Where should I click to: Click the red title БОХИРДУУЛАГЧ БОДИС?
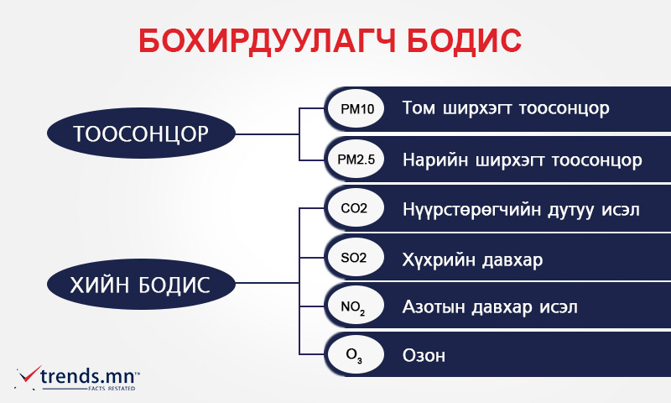click(330, 41)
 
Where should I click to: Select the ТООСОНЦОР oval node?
click(141, 133)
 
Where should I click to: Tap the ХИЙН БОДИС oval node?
click(141, 284)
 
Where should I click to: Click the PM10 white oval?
click(356, 109)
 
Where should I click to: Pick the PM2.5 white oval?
click(356, 159)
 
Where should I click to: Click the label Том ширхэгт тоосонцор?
click(506, 108)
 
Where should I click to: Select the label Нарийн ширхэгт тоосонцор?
click(522, 160)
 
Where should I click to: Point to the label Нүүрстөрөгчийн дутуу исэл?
click(521, 210)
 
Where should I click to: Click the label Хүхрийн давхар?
click(472, 260)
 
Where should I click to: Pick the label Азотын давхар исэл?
click(490, 307)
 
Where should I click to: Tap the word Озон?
click(424, 356)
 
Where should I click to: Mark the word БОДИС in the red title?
click(464, 41)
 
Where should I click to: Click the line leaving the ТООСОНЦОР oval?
click(267, 134)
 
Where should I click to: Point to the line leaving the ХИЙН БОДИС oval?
click(267, 283)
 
